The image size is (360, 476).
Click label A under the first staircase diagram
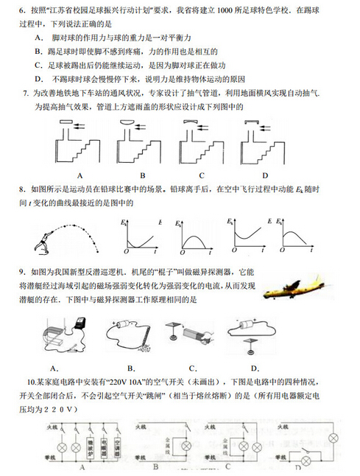79,175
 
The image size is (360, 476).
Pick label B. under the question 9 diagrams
131,368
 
